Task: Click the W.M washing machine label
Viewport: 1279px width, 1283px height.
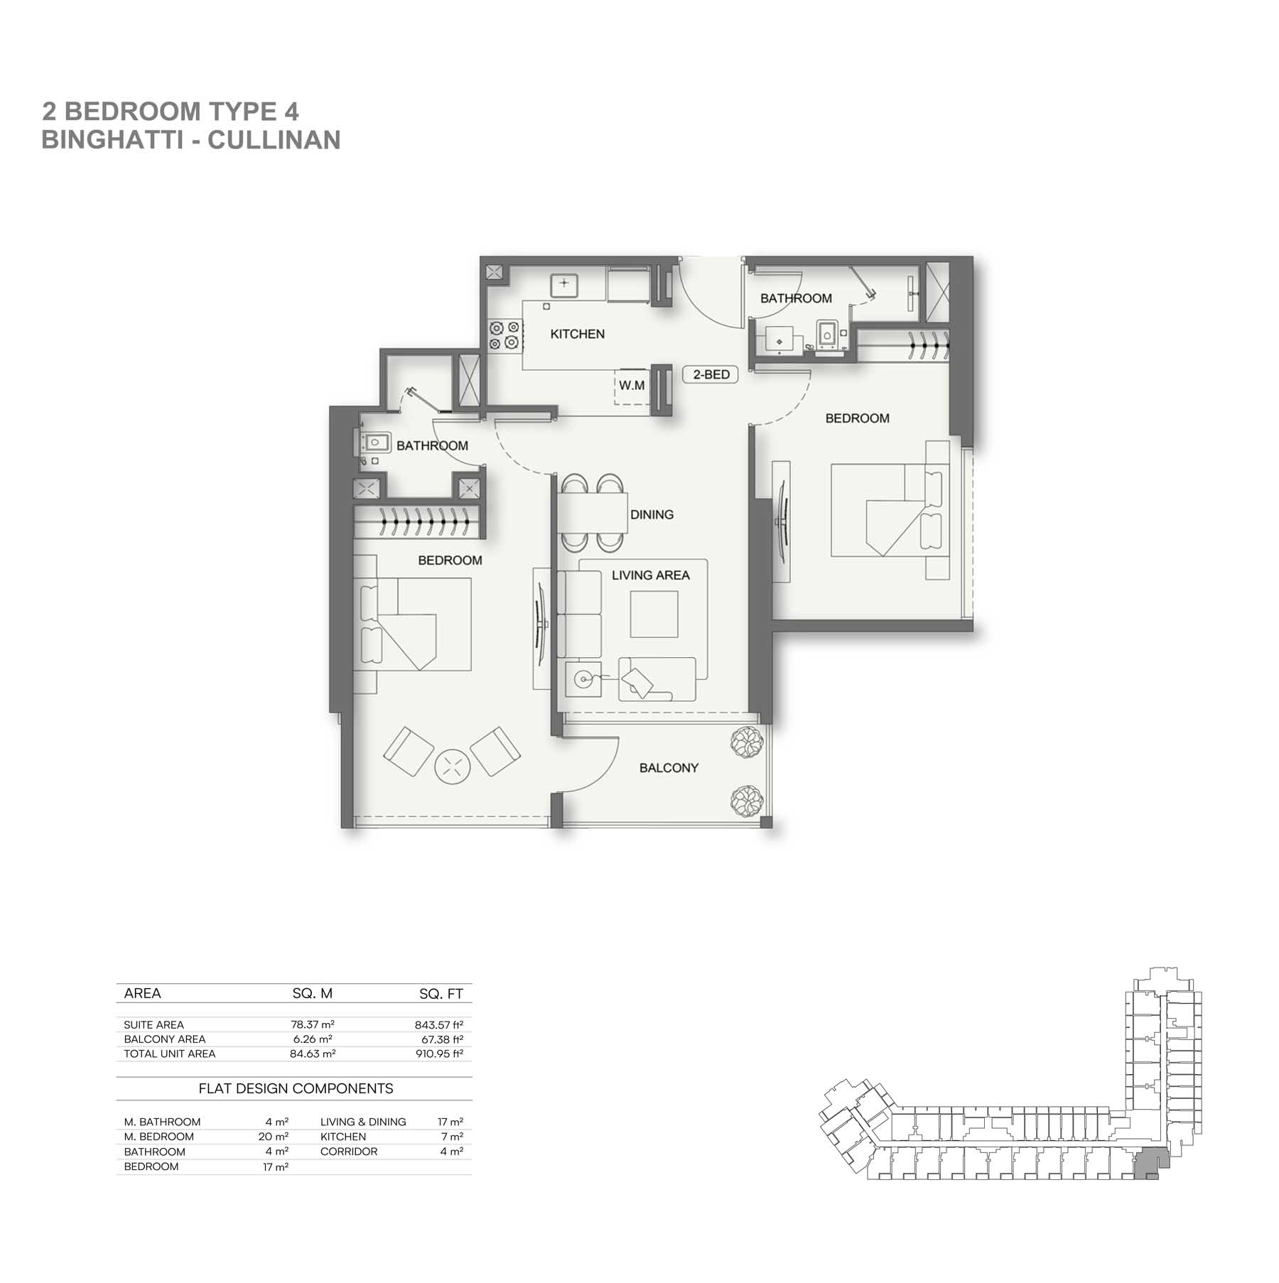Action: click(632, 386)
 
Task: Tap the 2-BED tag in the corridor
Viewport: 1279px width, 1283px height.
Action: click(711, 374)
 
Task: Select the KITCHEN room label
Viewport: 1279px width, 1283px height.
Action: click(578, 334)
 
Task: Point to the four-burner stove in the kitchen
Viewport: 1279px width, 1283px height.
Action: click(504, 335)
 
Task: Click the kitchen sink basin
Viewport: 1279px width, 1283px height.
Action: click(564, 284)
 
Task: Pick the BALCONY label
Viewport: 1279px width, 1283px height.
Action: click(669, 768)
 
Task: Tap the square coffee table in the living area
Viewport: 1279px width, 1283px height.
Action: click(654, 614)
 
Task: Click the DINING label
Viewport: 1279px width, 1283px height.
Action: click(652, 514)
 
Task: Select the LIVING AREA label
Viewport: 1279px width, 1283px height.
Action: click(651, 575)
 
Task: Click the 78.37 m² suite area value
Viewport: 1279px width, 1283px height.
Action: click(313, 1024)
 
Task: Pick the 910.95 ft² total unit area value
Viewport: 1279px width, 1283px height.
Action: click(440, 1054)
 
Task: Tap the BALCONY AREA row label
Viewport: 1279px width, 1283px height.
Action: click(165, 1039)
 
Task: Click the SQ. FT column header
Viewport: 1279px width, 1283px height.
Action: click(441, 994)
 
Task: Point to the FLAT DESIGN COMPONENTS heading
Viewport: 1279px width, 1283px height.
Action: click(296, 1088)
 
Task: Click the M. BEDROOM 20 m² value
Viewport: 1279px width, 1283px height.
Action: click(274, 1137)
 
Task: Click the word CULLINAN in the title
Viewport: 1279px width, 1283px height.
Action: click(274, 140)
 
